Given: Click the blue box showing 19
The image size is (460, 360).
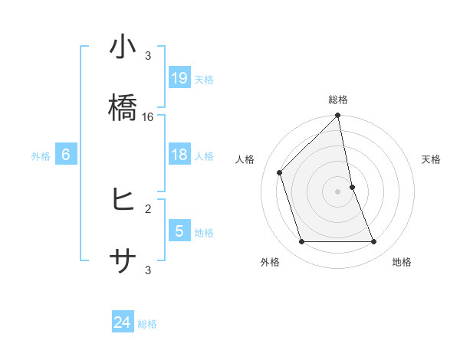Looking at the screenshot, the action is tap(179, 78).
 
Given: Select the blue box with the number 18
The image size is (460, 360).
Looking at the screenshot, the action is tap(179, 155).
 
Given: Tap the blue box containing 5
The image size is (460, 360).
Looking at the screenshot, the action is tap(179, 231).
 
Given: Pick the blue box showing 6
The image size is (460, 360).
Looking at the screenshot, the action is tap(65, 155).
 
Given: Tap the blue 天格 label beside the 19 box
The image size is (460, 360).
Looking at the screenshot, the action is tap(204, 79).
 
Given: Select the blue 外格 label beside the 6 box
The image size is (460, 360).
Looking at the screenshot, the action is tap(41, 156).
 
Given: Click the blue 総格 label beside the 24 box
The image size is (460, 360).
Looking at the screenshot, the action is tap(147, 323).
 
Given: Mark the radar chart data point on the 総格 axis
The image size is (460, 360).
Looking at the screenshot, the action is tap(338, 116).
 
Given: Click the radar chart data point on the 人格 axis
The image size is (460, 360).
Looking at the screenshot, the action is tap(280, 172).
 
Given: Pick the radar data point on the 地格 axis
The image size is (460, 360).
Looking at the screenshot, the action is tap(374, 242).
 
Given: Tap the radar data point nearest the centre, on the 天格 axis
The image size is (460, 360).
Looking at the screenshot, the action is tap(352, 187).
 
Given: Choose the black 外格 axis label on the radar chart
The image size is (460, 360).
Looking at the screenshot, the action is tap(270, 263).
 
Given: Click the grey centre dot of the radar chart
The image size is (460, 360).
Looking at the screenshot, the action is tap(338, 191).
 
